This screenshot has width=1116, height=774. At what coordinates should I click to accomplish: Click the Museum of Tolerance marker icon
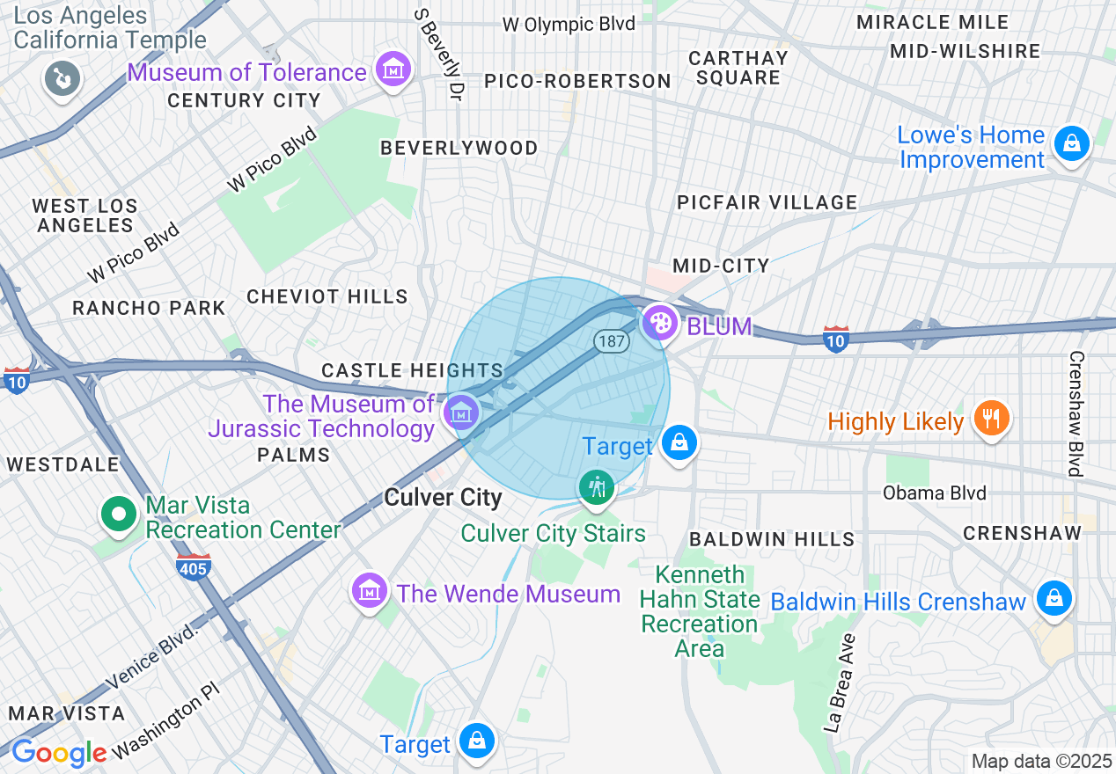click(x=393, y=69)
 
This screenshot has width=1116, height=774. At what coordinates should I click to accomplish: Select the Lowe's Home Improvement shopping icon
click(x=1071, y=142)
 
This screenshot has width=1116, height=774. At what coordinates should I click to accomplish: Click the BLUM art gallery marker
click(x=658, y=323)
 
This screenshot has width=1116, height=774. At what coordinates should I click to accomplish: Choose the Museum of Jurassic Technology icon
click(x=459, y=411)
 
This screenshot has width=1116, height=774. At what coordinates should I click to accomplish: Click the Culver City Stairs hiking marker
click(x=597, y=486)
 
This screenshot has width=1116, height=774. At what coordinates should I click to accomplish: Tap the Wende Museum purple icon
click(x=370, y=590)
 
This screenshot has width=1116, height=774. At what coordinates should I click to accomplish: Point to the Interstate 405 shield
click(x=193, y=566)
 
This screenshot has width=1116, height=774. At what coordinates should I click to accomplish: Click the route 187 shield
click(x=610, y=341)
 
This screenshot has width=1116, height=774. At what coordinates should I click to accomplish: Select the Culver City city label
click(x=443, y=498)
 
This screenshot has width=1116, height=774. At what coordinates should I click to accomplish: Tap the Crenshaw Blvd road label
click(x=1075, y=413)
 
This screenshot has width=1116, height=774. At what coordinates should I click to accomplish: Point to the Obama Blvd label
click(x=934, y=493)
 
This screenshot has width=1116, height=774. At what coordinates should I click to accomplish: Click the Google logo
click(x=59, y=753)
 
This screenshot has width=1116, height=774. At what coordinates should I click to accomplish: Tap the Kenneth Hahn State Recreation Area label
click(x=699, y=612)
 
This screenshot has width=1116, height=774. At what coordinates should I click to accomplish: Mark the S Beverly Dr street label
click(x=441, y=54)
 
